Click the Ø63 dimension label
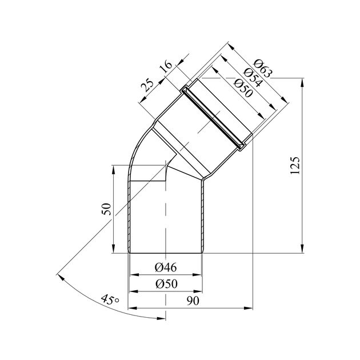click(x=262, y=68)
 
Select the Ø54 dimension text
click(x=253, y=77)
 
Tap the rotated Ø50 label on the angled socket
click(x=243, y=87)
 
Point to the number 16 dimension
click(x=166, y=66)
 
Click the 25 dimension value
click(x=147, y=85)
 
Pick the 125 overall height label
click(x=295, y=166)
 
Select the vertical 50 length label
click(x=106, y=209)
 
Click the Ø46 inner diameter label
click(x=166, y=267)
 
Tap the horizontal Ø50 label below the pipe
click(x=167, y=284)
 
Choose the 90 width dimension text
click(x=193, y=301)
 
